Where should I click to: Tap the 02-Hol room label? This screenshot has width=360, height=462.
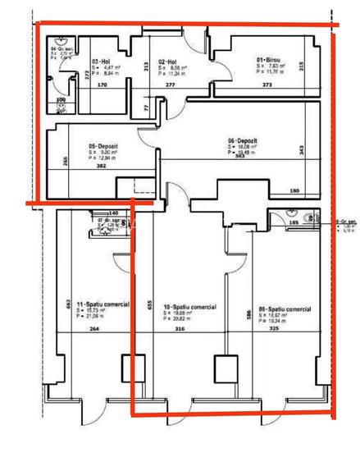(167, 62)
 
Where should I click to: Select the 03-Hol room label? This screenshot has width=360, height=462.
(102, 62)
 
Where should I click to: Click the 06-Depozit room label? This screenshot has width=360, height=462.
(242, 141)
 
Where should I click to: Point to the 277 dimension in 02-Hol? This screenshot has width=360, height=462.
(170, 85)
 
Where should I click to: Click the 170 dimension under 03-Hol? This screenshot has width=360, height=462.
(103, 85)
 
